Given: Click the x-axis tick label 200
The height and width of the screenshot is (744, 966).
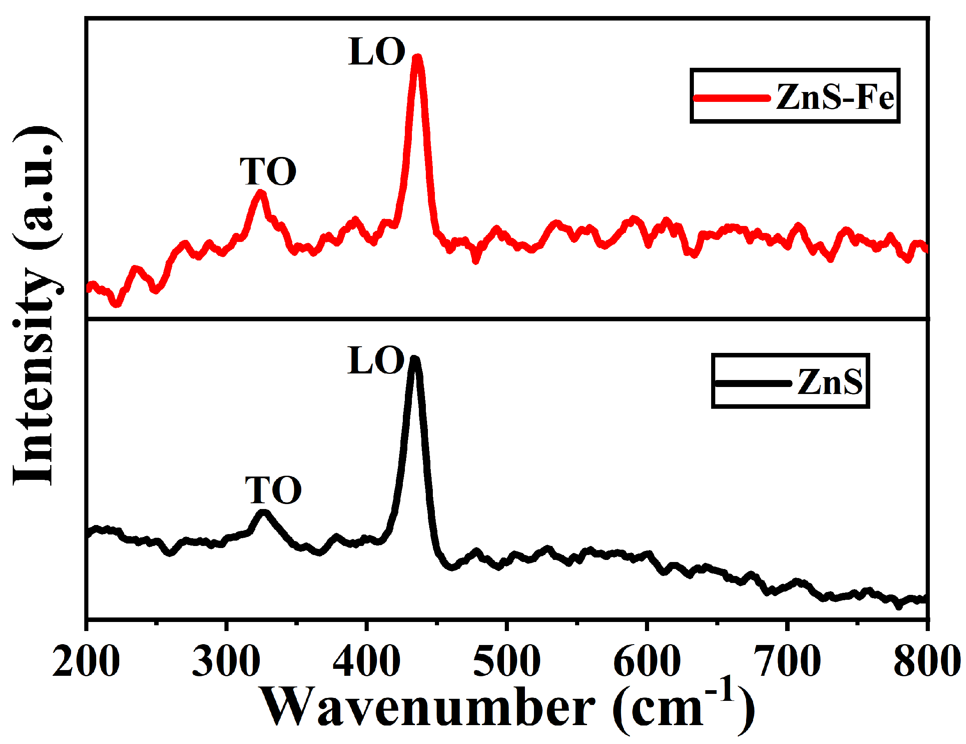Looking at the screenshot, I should click(86, 661).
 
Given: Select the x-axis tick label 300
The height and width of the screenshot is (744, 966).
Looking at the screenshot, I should click(226, 661).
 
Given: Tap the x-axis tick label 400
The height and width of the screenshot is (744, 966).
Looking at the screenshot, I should click(366, 661).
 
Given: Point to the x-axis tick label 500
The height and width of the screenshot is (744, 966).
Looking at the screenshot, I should click(506, 661).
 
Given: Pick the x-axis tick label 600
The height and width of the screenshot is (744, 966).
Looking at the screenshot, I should click(647, 661).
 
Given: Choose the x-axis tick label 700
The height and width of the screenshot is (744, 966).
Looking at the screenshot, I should click(787, 661).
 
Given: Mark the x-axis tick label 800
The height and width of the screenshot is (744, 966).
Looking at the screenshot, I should click(926, 661).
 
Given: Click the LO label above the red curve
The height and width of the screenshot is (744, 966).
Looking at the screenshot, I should click(377, 52).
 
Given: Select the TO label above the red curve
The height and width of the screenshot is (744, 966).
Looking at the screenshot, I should click(268, 172).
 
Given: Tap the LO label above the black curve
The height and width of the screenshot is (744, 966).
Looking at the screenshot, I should click(376, 361).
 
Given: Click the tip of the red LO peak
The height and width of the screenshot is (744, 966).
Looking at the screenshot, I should click(417, 58).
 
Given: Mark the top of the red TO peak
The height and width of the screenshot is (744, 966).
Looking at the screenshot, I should click(261, 193).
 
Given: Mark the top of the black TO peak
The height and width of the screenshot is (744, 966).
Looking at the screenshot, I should click(263, 513).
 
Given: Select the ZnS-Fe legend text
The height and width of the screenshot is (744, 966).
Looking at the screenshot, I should click(834, 97).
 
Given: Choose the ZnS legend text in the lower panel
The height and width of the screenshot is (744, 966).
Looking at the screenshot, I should click(830, 382).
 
